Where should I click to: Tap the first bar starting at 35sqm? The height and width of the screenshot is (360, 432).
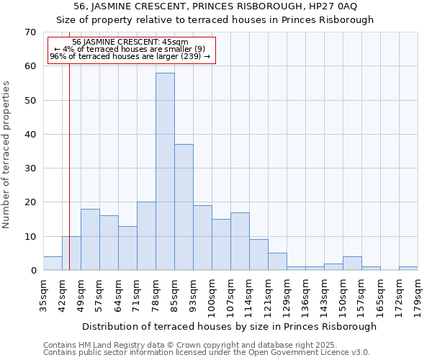[53, 264]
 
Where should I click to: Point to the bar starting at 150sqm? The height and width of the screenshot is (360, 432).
[352, 264]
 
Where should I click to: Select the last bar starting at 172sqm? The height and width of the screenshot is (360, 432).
[408, 269]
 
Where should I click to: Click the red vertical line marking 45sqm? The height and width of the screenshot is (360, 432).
[69, 180]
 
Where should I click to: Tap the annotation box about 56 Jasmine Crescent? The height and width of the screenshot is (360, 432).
[131, 50]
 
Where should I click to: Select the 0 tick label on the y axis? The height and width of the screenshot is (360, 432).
[32, 271]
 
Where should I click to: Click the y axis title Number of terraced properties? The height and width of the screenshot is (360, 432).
[6, 154]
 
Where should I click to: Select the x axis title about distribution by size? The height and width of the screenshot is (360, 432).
[229, 326]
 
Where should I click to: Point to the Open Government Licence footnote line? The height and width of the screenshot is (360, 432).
[206, 353]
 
